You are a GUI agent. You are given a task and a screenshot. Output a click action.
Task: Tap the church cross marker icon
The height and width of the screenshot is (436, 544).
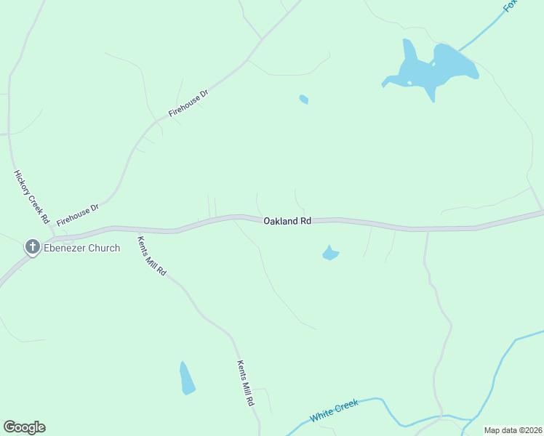pyautogui.click(x=32, y=248)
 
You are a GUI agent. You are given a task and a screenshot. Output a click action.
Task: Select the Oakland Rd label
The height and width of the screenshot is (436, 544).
pyautogui.click(x=287, y=220)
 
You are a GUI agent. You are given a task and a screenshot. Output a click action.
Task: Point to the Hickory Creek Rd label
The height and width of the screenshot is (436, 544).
pyautogui.click(x=31, y=197)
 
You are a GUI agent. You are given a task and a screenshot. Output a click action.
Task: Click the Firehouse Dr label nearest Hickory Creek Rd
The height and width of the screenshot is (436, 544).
pyautogui.click(x=77, y=214)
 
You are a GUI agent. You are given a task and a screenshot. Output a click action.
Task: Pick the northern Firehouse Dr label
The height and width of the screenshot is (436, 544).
pyautogui.click(x=188, y=104)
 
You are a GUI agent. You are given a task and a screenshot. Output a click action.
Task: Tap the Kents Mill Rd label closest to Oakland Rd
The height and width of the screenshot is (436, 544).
pyautogui.click(x=153, y=255)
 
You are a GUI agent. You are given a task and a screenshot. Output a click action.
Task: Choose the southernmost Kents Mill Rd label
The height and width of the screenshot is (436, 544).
pyautogui.click(x=246, y=383)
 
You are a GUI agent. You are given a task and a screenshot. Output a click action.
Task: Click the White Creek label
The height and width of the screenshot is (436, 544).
pyautogui.click(x=335, y=411)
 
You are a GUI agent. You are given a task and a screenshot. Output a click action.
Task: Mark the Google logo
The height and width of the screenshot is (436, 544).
pyautogui.click(x=24, y=427)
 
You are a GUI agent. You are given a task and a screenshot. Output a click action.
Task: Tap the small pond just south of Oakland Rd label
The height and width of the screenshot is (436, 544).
pyautogui.click(x=330, y=253)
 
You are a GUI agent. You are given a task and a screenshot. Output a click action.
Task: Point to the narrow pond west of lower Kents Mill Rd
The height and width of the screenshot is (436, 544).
pyautogui.click(x=187, y=378)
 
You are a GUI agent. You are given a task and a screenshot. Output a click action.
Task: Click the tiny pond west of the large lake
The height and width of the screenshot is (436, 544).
pyautogui.click(x=304, y=100)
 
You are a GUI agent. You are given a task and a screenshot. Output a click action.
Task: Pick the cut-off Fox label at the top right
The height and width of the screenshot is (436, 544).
pyautogui.click(x=511, y=6)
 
